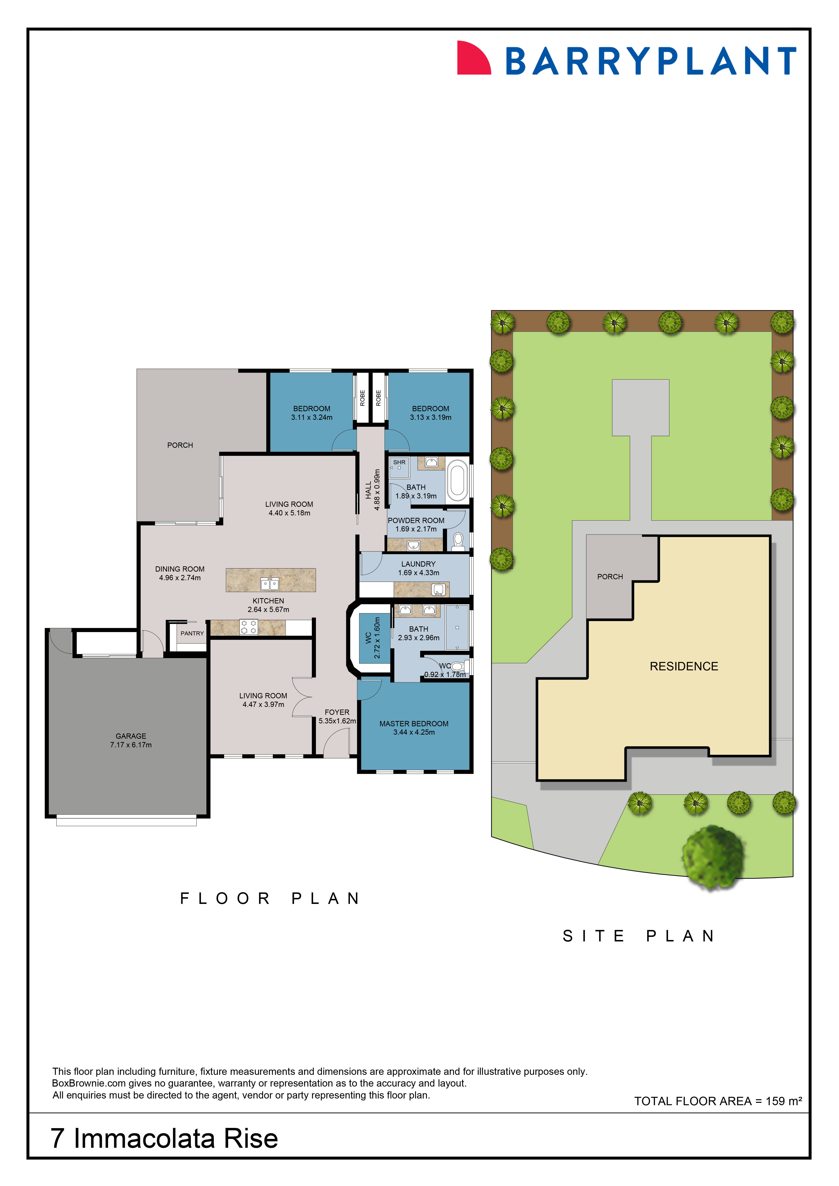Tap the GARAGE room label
click(x=131, y=736)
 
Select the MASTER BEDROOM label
click(x=414, y=724)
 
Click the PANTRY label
click(x=192, y=633)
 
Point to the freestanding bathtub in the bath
click(x=457, y=480)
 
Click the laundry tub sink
click(x=439, y=589)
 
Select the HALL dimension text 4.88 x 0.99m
click(x=377, y=490)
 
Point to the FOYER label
click(x=337, y=712)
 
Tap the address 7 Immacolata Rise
click(x=164, y=1138)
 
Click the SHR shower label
click(x=399, y=462)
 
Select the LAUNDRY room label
click(x=419, y=564)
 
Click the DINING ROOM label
click(x=180, y=569)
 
